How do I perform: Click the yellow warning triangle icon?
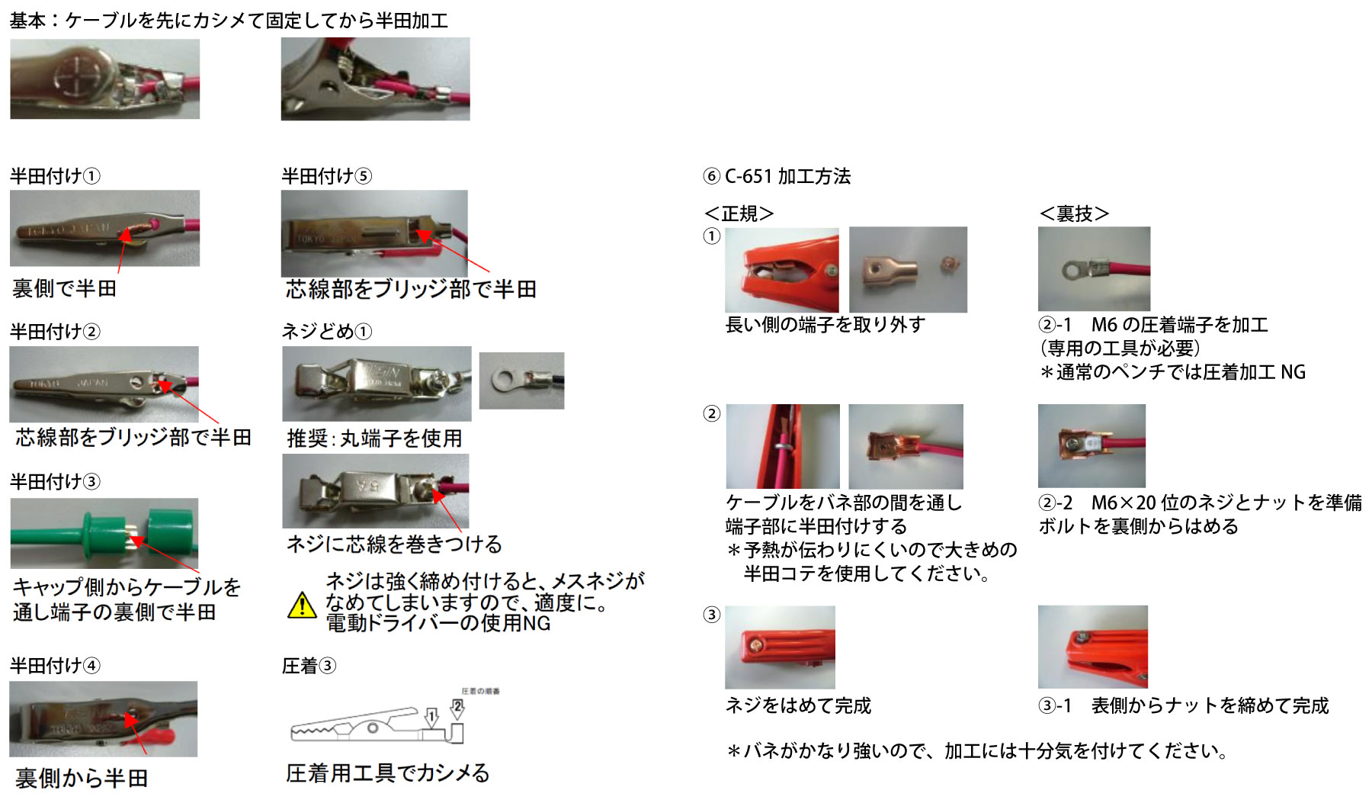point(303,605)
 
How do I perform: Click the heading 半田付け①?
point(55,176)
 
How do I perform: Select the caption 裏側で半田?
point(65,288)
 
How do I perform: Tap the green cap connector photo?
point(104,533)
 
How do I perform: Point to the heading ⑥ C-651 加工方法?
point(777,176)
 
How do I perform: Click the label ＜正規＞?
point(739,214)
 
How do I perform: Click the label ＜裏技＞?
point(1074,214)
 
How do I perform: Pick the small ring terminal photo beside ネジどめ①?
point(521,380)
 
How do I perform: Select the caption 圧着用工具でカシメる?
point(387,773)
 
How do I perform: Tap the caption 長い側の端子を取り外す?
point(825,325)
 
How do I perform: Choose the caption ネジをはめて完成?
point(798,705)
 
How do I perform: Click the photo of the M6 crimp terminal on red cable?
point(1094,268)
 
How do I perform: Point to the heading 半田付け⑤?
point(326,176)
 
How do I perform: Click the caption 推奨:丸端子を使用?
point(374,438)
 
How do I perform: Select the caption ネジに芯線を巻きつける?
point(394,544)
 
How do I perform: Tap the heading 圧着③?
point(309,666)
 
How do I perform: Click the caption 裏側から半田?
point(82,778)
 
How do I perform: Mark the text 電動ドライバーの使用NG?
point(438,623)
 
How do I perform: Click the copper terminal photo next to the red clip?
point(908,269)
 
